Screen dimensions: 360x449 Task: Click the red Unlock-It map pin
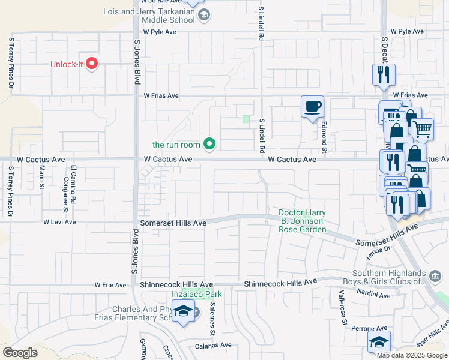(92, 63)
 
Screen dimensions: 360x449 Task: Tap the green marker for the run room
(209, 143)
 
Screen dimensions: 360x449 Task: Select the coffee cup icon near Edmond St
(312, 107)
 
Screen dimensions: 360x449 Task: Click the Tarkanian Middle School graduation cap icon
(203, 16)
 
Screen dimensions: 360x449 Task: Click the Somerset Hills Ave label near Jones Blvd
(173, 223)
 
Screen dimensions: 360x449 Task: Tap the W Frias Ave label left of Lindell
(161, 95)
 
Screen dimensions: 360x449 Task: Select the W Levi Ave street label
(59, 221)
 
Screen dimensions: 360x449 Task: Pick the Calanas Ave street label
(213, 346)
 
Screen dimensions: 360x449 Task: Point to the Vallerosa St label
(342, 307)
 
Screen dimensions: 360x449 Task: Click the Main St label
(42, 178)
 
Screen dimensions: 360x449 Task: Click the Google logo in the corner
(20, 352)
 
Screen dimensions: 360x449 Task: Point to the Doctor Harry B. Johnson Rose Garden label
(301, 221)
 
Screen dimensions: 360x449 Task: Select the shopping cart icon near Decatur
(423, 128)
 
